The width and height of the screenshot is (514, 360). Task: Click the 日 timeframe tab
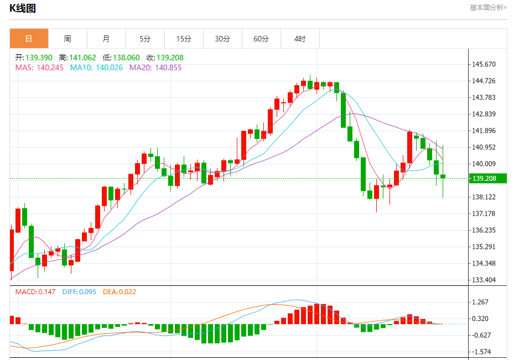(x=29, y=39)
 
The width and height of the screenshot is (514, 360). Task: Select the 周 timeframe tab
(x=68, y=39)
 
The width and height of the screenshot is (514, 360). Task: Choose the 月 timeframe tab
(x=106, y=39)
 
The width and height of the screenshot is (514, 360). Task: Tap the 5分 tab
(x=145, y=39)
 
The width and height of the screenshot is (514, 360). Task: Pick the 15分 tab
(x=184, y=39)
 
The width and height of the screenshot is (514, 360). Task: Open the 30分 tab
(x=222, y=39)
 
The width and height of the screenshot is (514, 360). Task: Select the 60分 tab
(x=261, y=39)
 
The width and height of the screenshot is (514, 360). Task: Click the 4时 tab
(x=300, y=39)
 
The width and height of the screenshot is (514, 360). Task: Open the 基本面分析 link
(x=487, y=8)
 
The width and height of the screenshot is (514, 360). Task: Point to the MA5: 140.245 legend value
(x=39, y=67)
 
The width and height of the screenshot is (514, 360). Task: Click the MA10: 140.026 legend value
(x=96, y=67)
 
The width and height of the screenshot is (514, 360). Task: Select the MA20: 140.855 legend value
(x=155, y=67)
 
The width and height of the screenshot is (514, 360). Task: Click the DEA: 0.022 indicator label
(x=120, y=291)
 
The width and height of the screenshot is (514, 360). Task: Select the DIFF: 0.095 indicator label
(x=80, y=291)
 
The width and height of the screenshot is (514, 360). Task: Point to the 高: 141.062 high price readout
(x=77, y=58)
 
